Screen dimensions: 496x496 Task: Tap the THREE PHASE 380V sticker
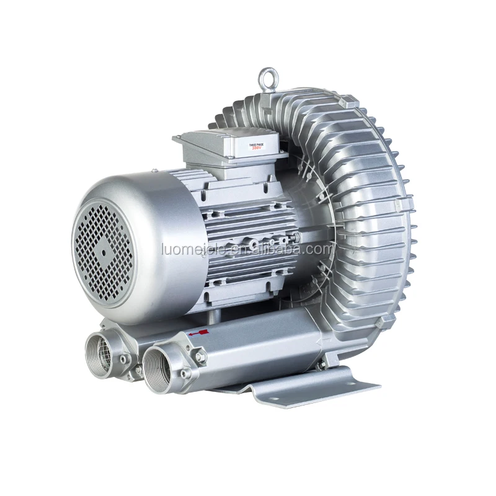click(x=256, y=146)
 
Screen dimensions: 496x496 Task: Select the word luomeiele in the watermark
click(x=186, y=249)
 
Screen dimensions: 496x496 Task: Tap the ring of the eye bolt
click(x=267, y=76)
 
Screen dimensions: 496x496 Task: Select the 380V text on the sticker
click(x=256, y=149)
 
